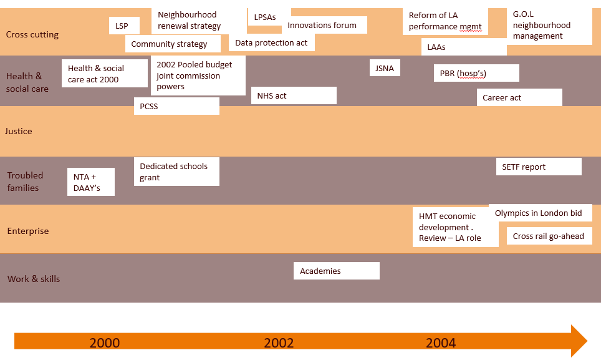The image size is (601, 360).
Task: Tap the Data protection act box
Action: [x=272, y=43]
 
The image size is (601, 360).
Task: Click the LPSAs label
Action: [x=265, y=17]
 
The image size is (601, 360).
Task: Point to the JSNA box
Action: [x=385, y=68]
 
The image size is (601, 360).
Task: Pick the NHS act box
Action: [x=294, y=95]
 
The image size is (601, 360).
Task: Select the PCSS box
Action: [x=176, y=106]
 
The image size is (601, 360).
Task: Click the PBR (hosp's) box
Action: [x=476, y=74]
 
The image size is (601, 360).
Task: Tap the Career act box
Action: [x=522, y=98]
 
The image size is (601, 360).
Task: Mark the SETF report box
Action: [x=539, y=167]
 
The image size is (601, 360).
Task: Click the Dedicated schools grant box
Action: [x=176, y=172]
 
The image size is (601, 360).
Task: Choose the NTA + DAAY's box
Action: [x=91, y=182]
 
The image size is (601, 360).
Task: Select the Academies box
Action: [x=337, y=271]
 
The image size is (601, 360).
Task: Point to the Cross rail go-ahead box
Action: [x=549, y=236]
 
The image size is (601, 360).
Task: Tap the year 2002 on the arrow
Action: [x=279, y=343]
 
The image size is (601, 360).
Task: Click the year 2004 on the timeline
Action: [x=441, y=343]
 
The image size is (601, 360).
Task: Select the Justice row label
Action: [x=19, y=131]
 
